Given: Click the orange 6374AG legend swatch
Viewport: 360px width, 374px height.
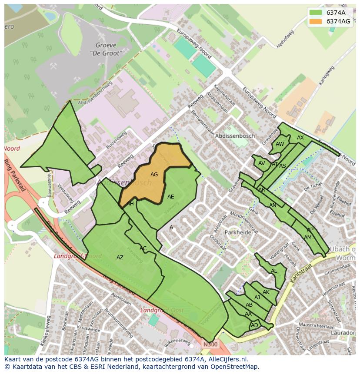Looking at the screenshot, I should [x=316, y=21].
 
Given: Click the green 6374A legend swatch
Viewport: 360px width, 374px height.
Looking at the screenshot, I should [x=316, y=13].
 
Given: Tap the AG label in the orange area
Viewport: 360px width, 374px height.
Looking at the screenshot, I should [x=154, y=175].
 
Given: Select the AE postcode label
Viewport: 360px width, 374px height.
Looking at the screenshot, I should [x=170, y=197].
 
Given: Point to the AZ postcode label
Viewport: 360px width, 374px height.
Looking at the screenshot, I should [x=120, y=258].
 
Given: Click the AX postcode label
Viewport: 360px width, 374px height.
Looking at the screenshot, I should [x=300, y=138].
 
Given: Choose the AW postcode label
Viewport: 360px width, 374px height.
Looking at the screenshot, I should [x=280, y=144].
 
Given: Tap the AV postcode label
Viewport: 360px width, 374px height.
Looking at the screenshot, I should [x=261, y=164].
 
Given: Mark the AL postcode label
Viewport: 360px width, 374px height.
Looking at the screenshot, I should [x=274, y=271].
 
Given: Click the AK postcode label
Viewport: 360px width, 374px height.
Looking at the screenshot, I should [x=266, y=292].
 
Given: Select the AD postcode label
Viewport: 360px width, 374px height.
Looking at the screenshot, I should [x=254, y=325].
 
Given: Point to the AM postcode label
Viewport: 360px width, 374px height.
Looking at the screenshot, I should [x=308, y=238].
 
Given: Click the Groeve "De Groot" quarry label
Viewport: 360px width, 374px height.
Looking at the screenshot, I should [x=106, y=49].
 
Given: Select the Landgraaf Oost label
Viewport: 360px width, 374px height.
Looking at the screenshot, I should [x=162, y=311].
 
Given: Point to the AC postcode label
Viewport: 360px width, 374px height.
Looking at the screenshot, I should [x=143, y=248].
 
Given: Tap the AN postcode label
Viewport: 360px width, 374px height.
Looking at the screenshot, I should [x=273, y=205].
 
